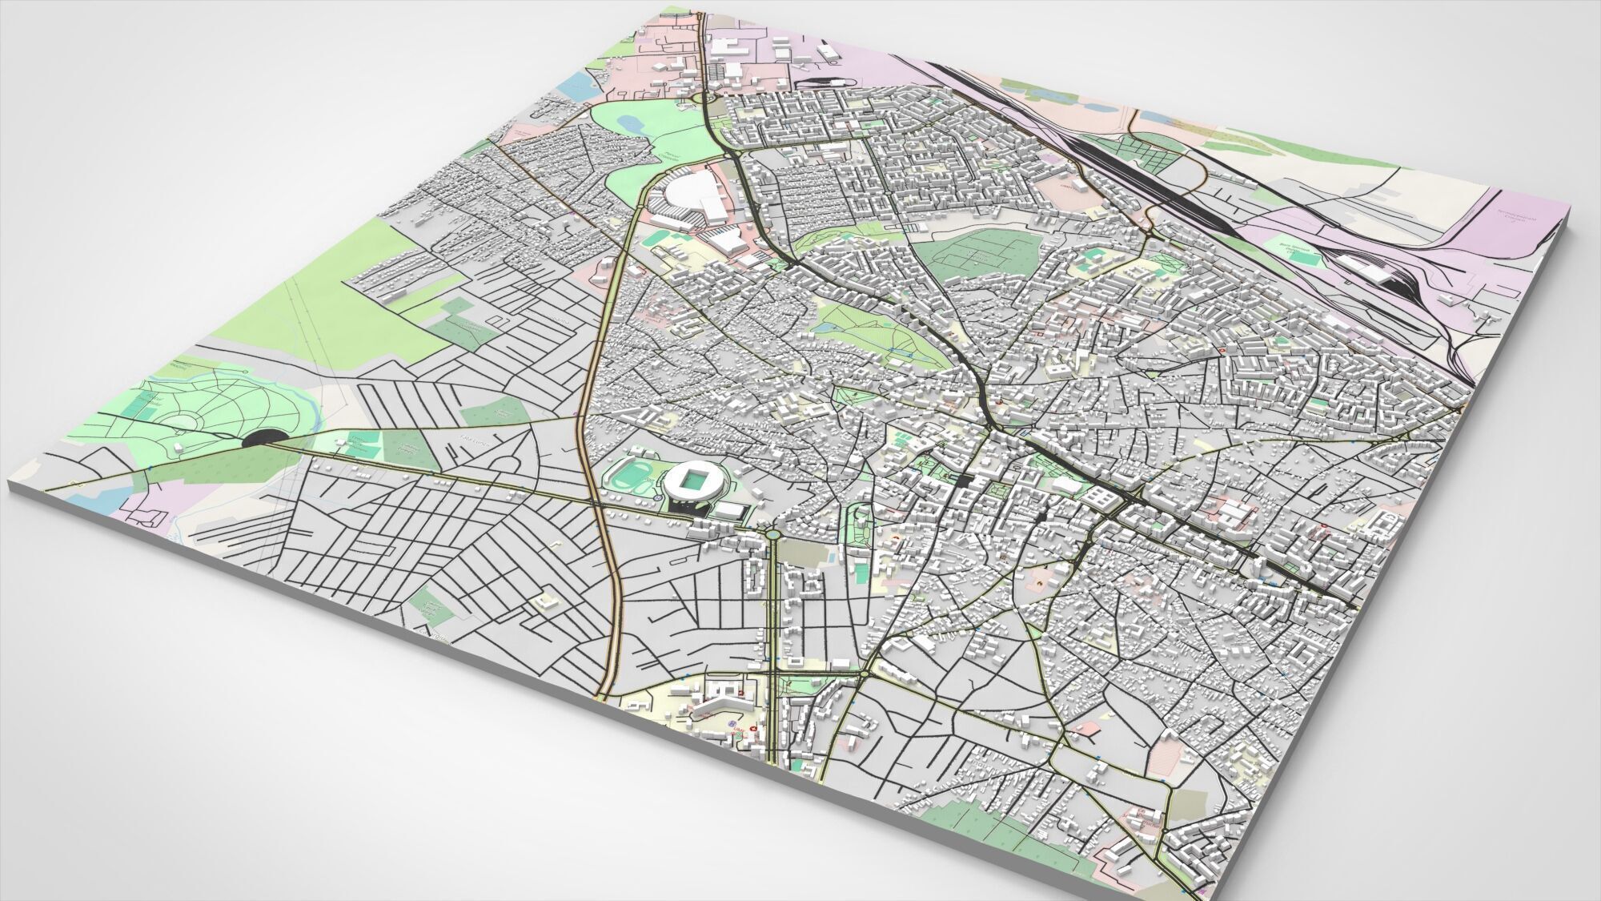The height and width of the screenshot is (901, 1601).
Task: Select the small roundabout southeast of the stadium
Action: [x=772, y=531]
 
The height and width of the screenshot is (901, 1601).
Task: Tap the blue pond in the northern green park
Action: [x=630, y=123]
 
